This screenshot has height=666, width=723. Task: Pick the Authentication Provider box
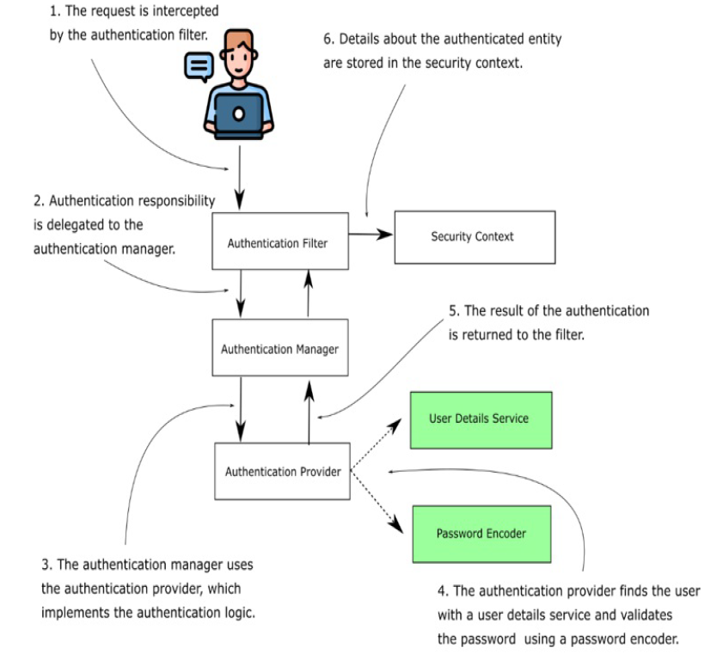[x=282, y=471]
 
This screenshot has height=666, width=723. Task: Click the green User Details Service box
[x=479, y=419]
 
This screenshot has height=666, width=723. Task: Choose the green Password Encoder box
[x=481, y=533]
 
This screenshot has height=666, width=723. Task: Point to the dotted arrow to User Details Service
[x=378, y=445]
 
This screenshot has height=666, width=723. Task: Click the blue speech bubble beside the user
[x=198, y=65]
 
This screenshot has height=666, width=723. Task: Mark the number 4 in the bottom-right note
[x=441, y=591]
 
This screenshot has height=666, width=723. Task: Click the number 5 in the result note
[x=452, y=310]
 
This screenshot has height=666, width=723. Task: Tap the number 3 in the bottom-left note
[x=46, y=565]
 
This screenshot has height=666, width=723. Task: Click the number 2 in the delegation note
[x=37, y=201]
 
